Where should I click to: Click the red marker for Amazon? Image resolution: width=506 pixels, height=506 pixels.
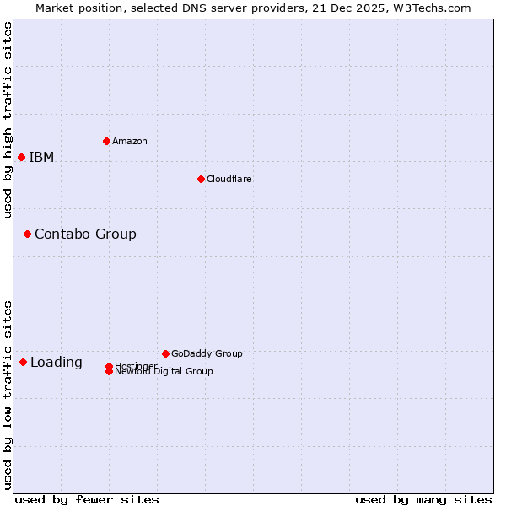(x=106, y=141)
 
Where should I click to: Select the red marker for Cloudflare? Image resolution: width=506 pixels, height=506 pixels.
(x=201, y=179)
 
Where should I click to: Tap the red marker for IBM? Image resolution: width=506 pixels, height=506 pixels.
(x=21, y=157)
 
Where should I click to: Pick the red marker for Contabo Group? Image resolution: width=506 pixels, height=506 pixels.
(x=27, y=234)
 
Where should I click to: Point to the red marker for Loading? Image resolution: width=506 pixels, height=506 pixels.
(x=23, y=362)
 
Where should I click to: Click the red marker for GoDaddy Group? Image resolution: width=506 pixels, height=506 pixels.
(x=165, y=353)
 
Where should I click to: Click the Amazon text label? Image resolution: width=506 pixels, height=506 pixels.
(x=129, y=141)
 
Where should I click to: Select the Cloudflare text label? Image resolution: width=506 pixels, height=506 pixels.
(x=229, y=179)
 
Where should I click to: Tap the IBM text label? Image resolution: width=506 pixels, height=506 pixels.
(x=41, y=157)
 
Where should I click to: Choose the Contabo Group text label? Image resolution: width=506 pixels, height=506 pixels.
(x=85, y=234)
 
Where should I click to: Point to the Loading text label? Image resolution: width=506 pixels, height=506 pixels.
(x=57, y=363)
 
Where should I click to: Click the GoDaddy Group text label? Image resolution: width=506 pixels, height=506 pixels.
(x=207, y=353)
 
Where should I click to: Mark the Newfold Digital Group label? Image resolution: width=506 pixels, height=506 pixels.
(x=164, y=372)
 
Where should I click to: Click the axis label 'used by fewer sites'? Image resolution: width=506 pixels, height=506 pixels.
(x=87, y=499)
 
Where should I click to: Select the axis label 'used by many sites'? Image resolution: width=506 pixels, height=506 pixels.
(x=423, y=499)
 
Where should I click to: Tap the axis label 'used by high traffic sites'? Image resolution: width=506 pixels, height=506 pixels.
(x=8, y=120)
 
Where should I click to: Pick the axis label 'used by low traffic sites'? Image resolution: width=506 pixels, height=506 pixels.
(x=8, y=394)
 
